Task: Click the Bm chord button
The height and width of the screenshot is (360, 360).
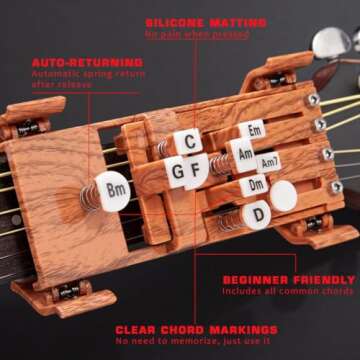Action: [116, 188]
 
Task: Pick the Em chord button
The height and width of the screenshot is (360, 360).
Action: [254, 132]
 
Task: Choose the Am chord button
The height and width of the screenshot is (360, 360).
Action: [243, 155]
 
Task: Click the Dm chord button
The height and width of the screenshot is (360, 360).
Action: [256, 185]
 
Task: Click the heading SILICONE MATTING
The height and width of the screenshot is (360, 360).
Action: [206, 22]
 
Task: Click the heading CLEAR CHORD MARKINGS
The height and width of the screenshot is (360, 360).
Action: [196, 328]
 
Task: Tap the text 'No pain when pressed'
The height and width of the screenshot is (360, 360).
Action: [197, 35]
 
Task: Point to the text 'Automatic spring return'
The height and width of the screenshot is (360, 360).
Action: [75, 74]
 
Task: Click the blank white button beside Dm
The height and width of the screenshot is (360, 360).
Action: [284, 196]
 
